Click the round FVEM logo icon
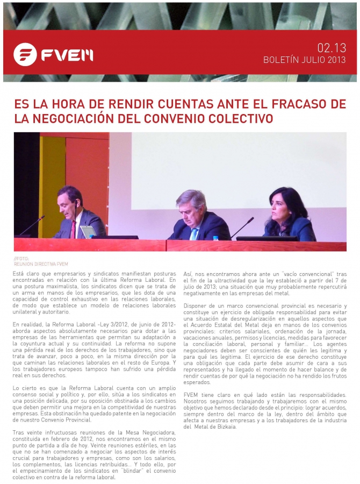pos(25,54)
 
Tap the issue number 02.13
pos(332,48)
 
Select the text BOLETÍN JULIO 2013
pos(304,60)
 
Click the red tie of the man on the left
pos(73,229)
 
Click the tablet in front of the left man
pos(88,231)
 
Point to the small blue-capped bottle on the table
pos(215,238)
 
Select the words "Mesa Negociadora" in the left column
pos(142,432)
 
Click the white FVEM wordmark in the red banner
pos(67,54)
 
